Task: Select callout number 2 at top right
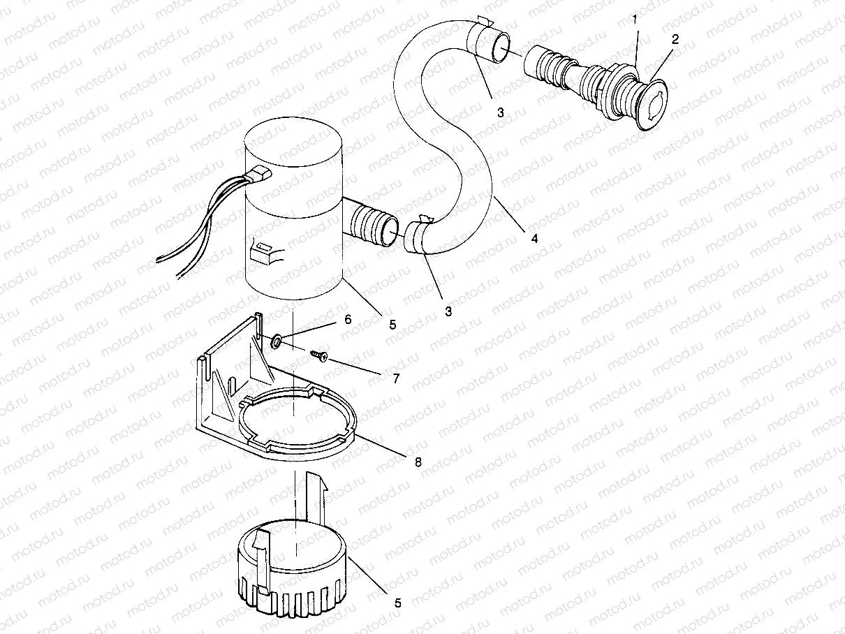point(675,40)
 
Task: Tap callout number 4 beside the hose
point(534,238)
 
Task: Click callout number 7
point(395,378)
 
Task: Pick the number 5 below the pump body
point(392,325)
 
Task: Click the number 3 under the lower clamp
point(448,311)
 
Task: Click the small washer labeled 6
point(277,341)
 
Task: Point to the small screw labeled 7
point(321,356)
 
